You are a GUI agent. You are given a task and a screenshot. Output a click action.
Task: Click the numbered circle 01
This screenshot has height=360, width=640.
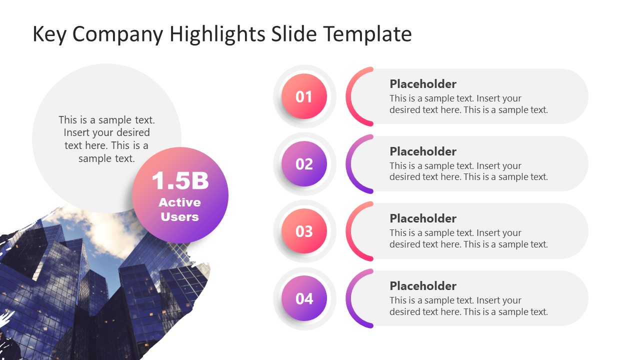304,96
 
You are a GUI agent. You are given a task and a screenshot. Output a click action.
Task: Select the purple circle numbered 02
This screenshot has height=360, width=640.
304,164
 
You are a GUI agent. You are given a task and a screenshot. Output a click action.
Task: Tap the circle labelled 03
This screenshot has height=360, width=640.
304,231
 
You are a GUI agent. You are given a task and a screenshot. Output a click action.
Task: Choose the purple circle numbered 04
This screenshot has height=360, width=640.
304,298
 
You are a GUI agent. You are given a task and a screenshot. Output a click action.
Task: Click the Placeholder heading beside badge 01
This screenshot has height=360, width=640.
423,84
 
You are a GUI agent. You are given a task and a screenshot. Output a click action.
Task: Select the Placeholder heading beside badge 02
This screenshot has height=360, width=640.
423,151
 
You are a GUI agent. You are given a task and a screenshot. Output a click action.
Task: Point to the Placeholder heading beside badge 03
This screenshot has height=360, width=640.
423,218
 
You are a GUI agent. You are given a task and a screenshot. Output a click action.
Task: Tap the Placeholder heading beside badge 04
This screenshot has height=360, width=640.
423,286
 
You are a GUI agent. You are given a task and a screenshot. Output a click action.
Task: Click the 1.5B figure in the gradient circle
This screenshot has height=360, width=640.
180,180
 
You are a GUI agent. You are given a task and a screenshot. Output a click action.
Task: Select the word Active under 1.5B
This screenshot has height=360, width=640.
180,202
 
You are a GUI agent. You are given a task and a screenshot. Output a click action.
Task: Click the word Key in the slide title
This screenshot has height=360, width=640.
49,34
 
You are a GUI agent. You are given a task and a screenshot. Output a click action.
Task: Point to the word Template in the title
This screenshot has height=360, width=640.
367,34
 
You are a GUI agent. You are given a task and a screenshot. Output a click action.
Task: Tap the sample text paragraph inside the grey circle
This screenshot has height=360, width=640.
106,139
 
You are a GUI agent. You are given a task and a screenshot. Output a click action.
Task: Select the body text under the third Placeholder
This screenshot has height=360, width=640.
468,238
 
